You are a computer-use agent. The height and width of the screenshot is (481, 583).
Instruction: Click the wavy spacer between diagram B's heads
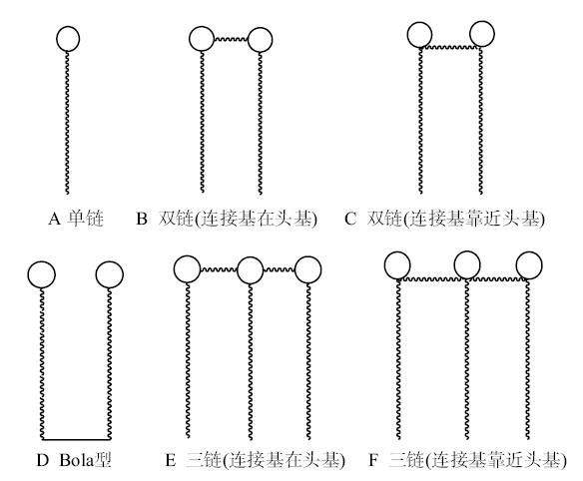coord(231,39)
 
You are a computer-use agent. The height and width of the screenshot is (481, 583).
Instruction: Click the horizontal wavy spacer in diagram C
coord(450,47)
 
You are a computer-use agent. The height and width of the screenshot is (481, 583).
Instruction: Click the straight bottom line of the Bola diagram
coord(76,440)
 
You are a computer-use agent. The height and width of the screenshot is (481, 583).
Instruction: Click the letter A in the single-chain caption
coord(54,219)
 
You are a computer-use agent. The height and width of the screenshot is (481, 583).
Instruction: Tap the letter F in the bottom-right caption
coord(373,461)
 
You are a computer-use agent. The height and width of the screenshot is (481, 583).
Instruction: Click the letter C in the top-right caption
coord(350,219)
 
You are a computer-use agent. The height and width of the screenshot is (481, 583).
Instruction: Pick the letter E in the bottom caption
coord(171,461)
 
